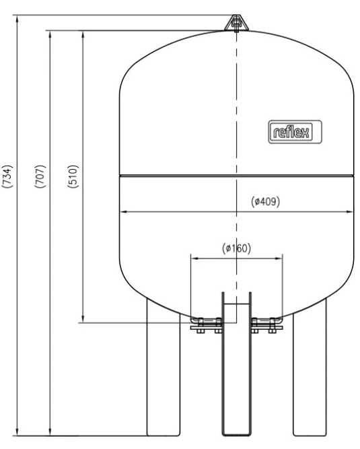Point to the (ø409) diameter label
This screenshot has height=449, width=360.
[x=265, y=203]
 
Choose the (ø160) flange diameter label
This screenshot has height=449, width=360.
[x=236, y=248]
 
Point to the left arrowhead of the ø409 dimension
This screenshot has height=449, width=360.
[x=122, y=212]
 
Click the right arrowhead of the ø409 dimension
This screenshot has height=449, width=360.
[x=350, y=212]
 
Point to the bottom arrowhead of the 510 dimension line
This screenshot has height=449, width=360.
[x=82, y=318]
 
